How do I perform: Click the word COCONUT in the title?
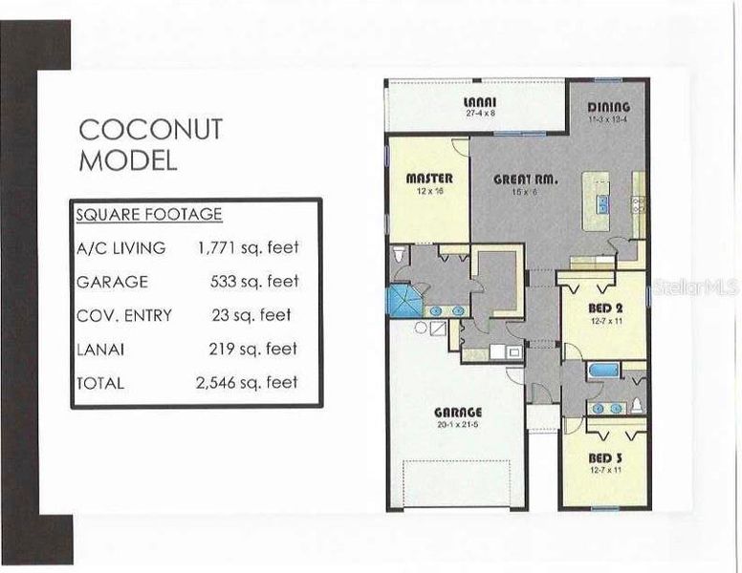point(150,129)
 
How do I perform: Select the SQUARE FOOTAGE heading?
point(148,215)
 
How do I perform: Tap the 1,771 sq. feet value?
point(248,248)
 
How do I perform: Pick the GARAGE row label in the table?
point(112,282)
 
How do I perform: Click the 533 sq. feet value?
point(253,282)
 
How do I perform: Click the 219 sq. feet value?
point(253,349)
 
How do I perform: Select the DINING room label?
point(608,107)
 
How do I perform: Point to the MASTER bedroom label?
point(429,179)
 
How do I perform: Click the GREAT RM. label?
point(526,179)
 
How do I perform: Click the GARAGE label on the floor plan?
point(455,413)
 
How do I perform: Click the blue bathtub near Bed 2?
point(604,371)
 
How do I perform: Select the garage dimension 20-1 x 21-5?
point(455,424)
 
